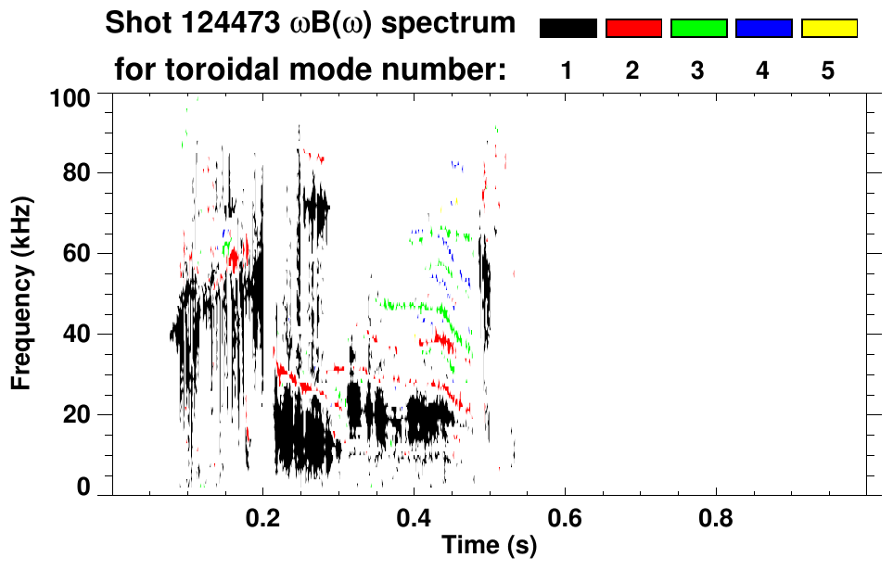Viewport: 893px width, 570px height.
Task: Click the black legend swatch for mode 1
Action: tap(568, 29)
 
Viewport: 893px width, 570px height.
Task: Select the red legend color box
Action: tap(633, 29)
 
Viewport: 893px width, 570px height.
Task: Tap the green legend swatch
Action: tap(698, 29)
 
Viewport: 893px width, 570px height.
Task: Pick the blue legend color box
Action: tap(763, 29)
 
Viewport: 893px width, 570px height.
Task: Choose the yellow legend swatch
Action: tap(828, 29)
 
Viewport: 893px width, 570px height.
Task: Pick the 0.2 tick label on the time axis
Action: tap(263, 516)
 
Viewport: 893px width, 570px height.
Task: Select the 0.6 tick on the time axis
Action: tap(565, 516)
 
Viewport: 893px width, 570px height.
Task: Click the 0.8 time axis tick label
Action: tap(715, 516)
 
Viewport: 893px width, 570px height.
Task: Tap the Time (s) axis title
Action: tap(488, 547)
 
